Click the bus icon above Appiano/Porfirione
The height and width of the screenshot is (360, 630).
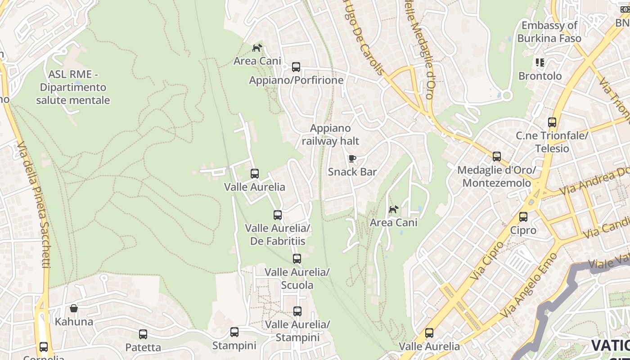click(x=296, y=67)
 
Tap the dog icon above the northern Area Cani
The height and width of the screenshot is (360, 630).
click(x=257, y=48)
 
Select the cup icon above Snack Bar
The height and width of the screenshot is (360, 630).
click(x=352, y=158)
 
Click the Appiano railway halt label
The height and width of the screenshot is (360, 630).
click(x=330, y=135)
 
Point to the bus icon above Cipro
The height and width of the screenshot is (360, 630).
click(x=523, y=217)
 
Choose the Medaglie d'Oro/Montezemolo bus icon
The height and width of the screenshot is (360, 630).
click(x=496, y=157)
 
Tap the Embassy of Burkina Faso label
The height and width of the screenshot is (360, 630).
click(x=549, y=32)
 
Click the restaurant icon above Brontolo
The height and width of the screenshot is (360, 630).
click(x=540, y=63)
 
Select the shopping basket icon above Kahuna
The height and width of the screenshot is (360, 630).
click(x=74, y=308)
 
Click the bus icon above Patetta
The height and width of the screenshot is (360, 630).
click(x=143, y=334)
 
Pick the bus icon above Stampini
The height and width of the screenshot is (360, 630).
click(x=234, y=332)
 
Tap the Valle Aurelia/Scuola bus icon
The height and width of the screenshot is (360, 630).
click(x=297, y=259)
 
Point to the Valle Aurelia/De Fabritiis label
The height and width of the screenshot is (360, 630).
click(x=278, y=234)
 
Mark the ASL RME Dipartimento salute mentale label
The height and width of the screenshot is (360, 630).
click(x=73, y=87)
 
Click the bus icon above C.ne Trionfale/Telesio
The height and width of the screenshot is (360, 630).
click(x=552, y=122)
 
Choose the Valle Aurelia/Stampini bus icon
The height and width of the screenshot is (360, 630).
click(x=297, y=311)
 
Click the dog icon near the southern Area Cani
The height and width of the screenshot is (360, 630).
click(x=393, y=209)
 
